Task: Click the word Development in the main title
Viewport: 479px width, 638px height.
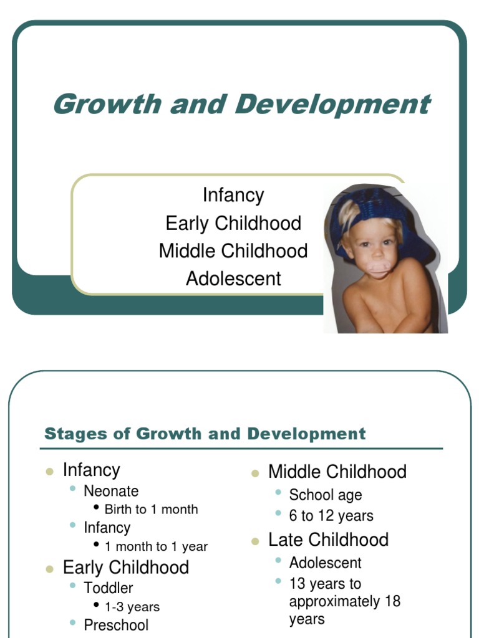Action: point(332,104)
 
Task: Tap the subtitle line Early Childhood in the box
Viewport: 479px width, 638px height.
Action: point(233,223)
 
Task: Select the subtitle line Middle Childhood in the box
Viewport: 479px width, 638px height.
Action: point(233,251)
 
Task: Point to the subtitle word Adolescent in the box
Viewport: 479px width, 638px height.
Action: point(233,279)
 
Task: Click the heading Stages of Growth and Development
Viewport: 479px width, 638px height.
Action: point(205,434)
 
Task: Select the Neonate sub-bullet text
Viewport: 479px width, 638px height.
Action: point(111,491)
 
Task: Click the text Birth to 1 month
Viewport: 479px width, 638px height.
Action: point(151,509)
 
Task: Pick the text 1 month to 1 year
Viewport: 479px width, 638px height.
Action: point(156,546)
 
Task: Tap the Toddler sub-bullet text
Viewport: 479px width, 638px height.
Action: point(109,588)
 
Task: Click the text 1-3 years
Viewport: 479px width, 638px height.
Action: point(132,607)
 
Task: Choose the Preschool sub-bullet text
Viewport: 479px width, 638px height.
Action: point(116,625)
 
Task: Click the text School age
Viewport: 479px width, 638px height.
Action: point(325,495)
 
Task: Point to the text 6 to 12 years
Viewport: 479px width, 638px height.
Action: point(331,516)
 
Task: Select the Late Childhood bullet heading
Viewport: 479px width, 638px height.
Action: point(328,540)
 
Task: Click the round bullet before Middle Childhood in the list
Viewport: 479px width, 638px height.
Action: point(254,474)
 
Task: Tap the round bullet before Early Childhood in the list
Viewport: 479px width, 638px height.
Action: point(49,569)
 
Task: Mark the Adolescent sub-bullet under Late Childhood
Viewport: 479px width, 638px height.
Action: point(325,563)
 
